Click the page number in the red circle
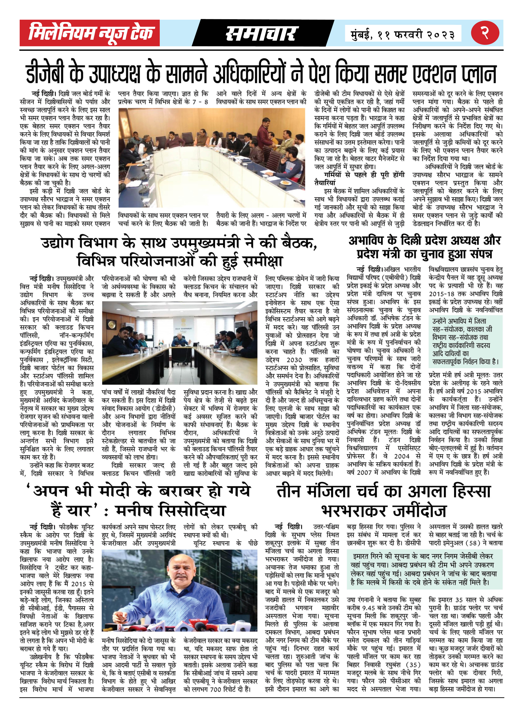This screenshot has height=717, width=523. [x=485, y=33]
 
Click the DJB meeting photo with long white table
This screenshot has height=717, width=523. [x=211, y=158]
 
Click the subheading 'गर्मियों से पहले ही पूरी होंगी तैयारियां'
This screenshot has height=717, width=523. [x=359, y=179]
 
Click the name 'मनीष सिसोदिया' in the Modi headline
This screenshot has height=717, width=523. [x=171, y=510]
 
